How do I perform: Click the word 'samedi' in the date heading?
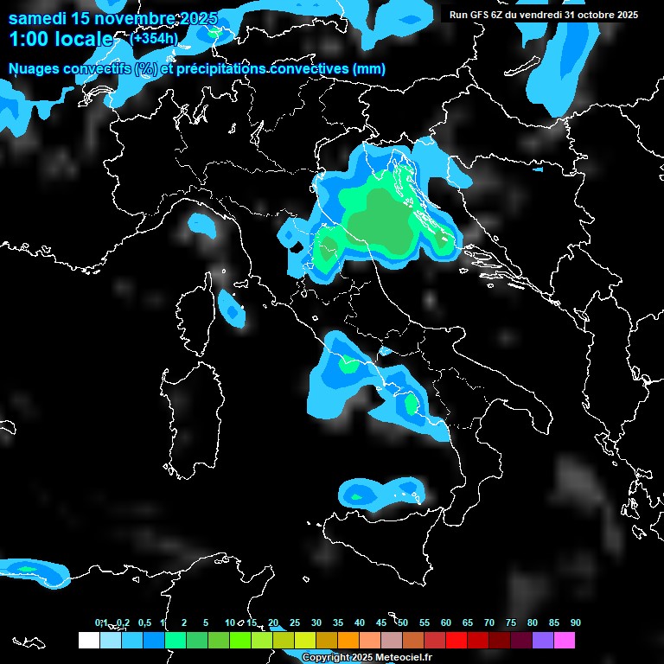(35, 18)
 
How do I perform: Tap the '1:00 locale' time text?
(61, 40)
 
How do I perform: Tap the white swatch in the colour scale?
(88, 640)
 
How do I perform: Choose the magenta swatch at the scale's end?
(565, 640)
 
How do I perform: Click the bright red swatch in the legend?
(456, 640)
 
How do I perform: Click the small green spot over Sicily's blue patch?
(355, 496)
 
